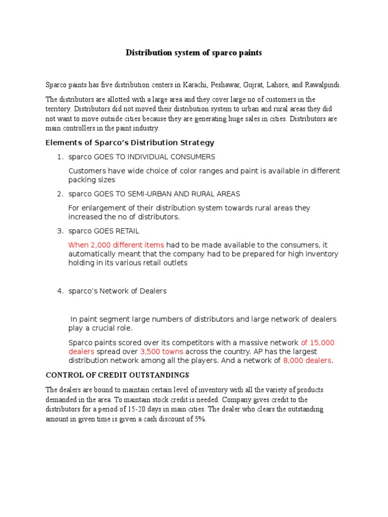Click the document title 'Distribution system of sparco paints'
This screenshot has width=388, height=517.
pos(193,53)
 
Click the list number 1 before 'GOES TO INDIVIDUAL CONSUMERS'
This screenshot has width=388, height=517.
pos(59,157)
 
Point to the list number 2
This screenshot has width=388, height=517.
pos(59,194)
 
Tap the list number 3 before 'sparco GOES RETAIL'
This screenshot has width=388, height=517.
pos(59,231)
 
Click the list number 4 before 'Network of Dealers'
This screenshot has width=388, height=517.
pos(59,291)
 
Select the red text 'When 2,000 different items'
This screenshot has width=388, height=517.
pos(116,245)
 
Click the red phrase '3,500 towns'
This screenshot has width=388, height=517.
pos(162,351)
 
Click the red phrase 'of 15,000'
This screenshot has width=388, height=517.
pos(318,342)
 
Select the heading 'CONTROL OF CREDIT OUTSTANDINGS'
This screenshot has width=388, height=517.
pos(118,375)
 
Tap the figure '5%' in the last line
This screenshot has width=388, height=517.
pos(199,419)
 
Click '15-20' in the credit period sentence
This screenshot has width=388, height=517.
pos(145,409)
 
